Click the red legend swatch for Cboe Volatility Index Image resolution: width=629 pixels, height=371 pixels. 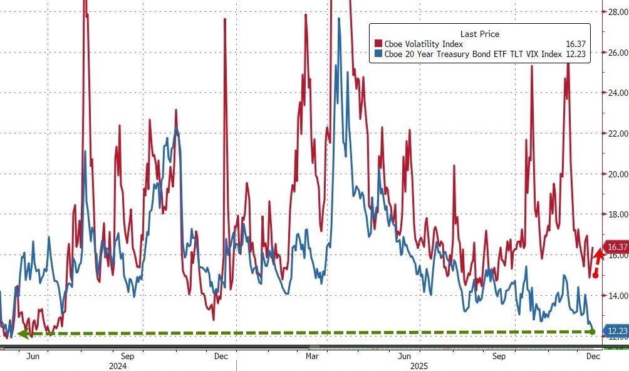378,44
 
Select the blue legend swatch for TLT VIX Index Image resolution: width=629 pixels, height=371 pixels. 378,55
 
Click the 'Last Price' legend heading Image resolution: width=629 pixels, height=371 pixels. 479,34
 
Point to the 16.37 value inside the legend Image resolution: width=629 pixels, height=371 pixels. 576,44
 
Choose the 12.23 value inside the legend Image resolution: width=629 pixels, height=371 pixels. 576,55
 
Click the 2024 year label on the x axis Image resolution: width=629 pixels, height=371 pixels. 117,365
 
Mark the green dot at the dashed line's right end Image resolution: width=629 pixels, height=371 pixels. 593,331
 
